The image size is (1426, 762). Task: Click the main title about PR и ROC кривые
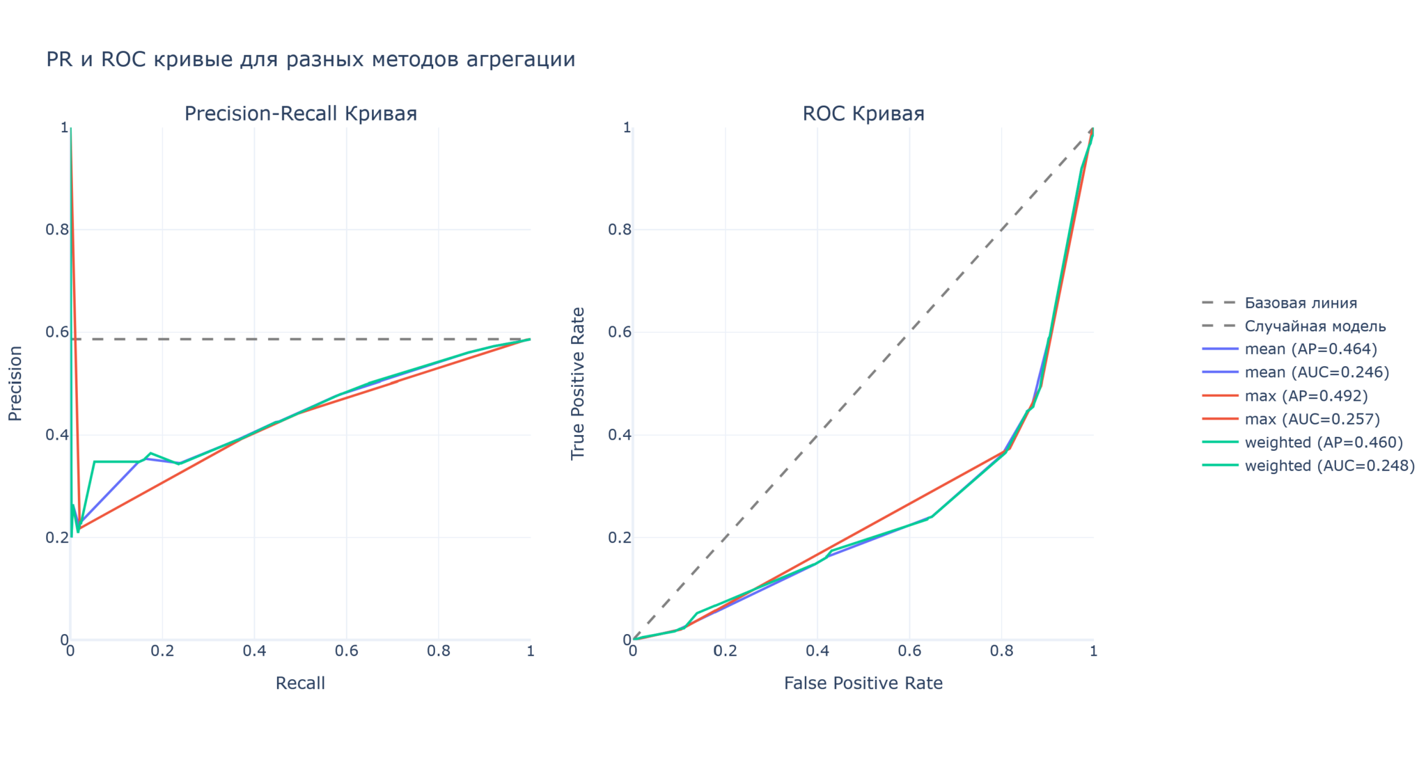[311, 60]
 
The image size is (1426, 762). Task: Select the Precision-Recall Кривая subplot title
[300, 114]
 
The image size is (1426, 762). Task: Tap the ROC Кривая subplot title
[863, 114]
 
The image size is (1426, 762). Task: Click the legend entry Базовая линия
[1301, 303]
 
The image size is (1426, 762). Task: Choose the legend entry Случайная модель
[1315, 326]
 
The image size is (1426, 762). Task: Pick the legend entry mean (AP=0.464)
[1310, 349]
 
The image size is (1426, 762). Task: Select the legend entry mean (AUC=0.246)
[1317, 372]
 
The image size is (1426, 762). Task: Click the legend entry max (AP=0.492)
[1306, 396]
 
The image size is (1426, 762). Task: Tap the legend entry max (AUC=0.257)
[1312, 419]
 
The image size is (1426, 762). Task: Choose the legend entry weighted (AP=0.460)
[1324, 443]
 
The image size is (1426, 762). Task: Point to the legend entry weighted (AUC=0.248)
[1329, 466]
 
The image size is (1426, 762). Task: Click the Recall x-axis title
[300, 683]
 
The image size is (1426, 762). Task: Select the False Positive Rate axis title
[863, 683]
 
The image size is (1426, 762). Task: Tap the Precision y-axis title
[15, 383]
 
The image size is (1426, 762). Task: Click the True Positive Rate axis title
[578, 383]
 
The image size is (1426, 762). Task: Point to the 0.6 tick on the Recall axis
[346, 651]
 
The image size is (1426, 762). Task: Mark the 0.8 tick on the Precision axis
[57, 230]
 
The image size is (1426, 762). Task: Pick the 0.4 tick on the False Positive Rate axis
[817, 651]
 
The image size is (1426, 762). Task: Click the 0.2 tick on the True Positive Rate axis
[620, 538]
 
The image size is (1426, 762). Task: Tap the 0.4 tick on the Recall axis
[254, 651]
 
